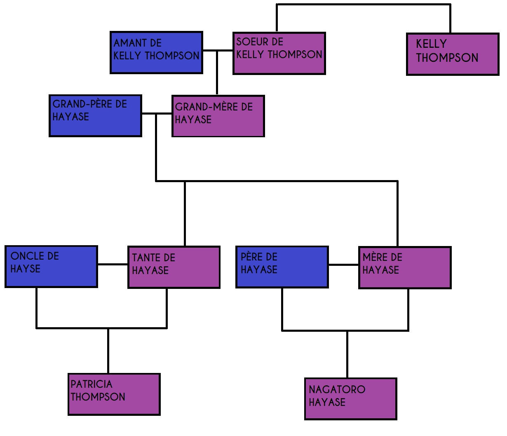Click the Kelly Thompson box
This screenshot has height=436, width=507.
point(453,54)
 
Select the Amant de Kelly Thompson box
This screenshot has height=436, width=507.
point(156,53)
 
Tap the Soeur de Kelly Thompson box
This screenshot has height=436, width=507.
point(279,54)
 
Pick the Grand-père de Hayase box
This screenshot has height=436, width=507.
point(95,116)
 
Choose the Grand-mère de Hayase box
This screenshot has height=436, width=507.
point(218,116)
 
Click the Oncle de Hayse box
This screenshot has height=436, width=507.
point(51,267)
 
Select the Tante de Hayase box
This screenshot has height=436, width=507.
point(174,267)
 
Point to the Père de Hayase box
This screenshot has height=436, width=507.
point(282,267)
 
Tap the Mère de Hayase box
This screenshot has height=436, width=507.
point(405,268)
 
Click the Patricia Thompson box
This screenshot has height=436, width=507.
point(114,394)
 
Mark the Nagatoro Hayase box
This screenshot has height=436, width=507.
point(350,399)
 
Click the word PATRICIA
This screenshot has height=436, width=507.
point(92,384)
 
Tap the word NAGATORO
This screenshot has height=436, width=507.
point(337,389)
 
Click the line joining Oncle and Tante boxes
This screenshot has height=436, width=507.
point(113,265)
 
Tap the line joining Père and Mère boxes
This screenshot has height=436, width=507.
point(343,265)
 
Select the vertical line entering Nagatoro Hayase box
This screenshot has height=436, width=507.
point(347,354)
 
